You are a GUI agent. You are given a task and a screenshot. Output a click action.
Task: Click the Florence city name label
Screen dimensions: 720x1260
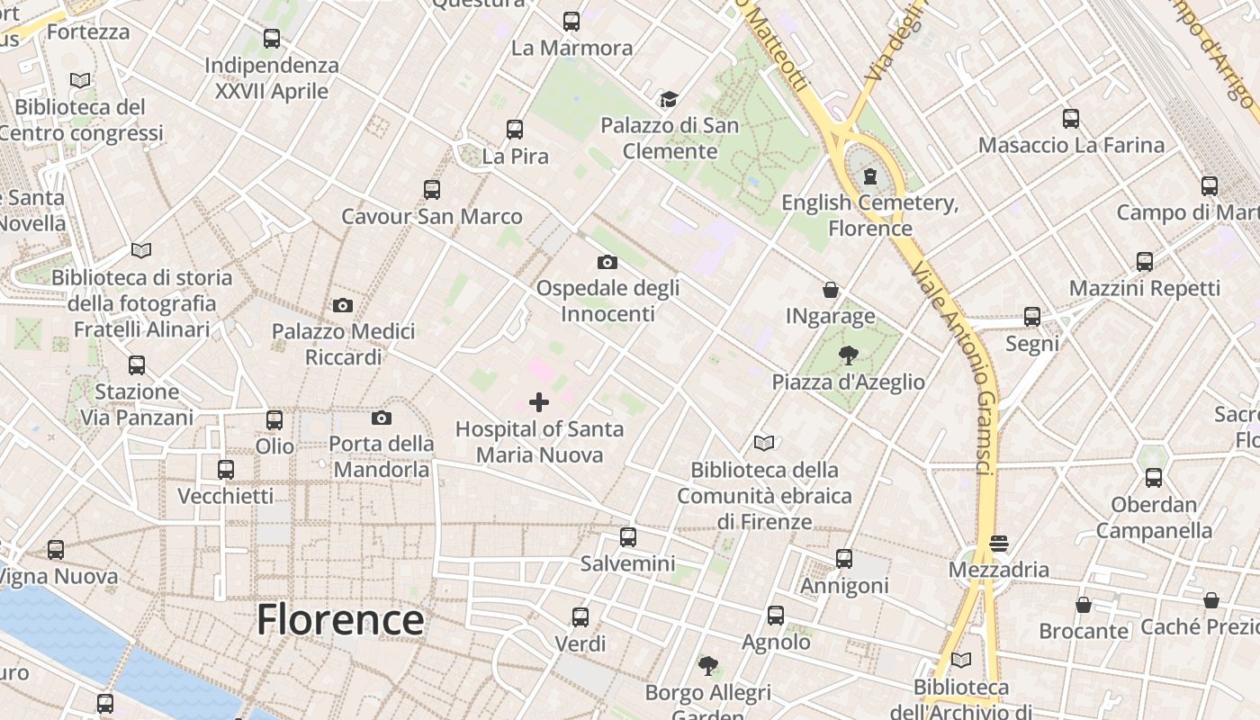pyautogui.click(x=340, y=620)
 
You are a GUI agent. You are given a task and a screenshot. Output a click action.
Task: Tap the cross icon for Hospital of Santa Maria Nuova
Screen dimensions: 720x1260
pyautogui.click(x=539, y=402)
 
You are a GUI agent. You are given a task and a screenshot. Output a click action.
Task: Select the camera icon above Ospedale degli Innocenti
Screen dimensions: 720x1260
pyautogui.click(x=607, y=262)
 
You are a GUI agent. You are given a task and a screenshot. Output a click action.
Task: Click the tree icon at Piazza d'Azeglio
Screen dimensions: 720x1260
pyautogui.click(x=848, y=355)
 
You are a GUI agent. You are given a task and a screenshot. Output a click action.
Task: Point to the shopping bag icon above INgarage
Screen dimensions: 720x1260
pyautogui.click(x=831, y=290)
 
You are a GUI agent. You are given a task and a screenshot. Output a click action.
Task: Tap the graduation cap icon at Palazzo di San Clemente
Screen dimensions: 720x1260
pyautogui.click(x=668, y=99)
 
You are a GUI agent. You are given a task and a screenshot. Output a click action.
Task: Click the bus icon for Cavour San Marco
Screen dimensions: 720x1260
pyautogui.click(x=432, y=190)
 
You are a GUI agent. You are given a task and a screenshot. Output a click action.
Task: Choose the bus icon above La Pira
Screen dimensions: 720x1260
pyautogui.click(x=515, y=130)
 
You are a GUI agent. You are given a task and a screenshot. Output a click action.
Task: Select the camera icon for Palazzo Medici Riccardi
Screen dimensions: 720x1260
pyautogui.click(x=343, y=305)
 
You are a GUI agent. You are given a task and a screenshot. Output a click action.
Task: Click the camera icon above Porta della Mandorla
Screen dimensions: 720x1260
pyautogui.click(x=382, y=418)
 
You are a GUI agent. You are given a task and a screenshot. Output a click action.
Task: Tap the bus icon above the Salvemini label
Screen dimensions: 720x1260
pyautogui.click(x=628, y=537)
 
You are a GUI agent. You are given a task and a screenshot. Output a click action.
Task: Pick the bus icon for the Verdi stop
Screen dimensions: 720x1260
pyautogui.click(x=580, y=617)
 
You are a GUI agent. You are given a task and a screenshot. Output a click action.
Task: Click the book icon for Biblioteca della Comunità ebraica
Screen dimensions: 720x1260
pyautogui.click(x=764, y=443)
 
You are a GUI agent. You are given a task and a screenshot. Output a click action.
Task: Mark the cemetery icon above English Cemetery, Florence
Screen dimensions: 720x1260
pyautogui.click(x=870, y=176)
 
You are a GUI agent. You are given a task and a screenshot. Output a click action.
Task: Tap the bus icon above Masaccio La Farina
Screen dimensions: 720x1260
pyautogui.click(x=1071, y=118)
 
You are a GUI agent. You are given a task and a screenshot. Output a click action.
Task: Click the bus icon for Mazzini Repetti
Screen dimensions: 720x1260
pyautogui.click(x=1145, y=262)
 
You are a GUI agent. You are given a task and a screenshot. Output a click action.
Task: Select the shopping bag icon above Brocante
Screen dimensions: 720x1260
pyautogui.click(x=1084, y=605)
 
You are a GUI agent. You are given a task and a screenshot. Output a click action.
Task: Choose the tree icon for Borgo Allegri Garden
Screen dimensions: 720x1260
pyautogui.click(x=708, y=666)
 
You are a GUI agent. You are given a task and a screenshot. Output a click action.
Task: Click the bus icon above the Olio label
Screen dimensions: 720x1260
pyautogui.click(x=274, y=420)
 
